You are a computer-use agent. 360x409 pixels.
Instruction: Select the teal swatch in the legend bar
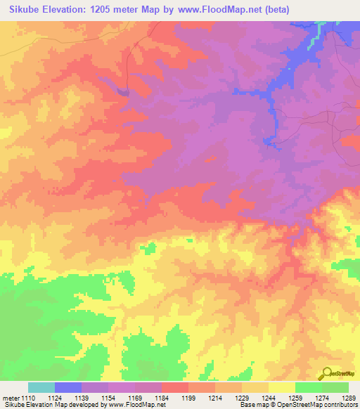pos(41,387)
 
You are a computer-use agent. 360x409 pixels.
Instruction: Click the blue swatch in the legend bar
pos(68,387)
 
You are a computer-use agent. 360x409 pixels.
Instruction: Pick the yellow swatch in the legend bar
pos(282,387)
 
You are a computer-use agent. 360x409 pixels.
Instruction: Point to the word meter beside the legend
pos(10,398)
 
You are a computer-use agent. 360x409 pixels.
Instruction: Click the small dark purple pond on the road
pos(124,91)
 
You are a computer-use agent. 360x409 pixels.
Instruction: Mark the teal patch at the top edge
pos(322,25)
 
